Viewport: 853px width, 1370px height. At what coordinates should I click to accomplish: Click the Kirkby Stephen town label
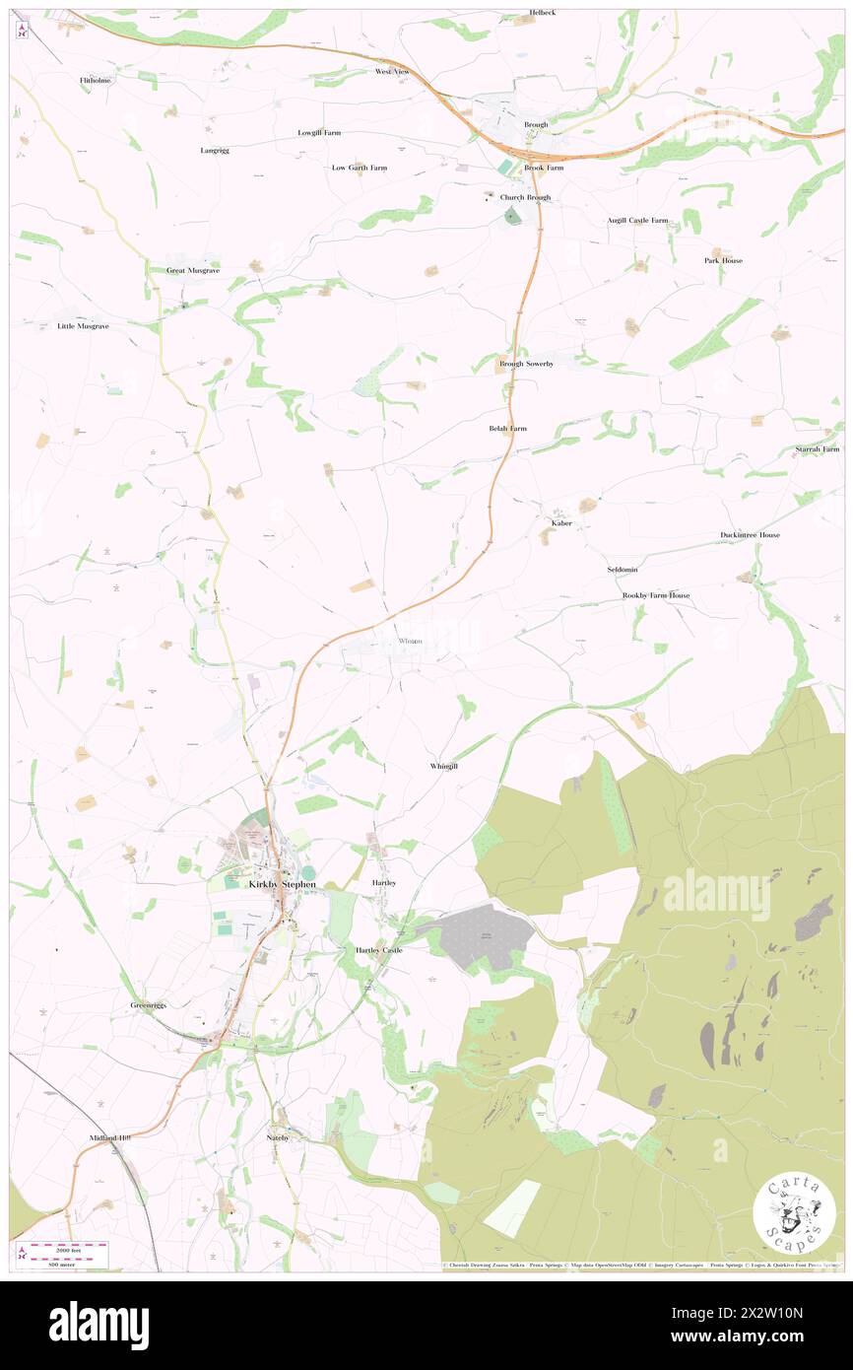coord(282,884)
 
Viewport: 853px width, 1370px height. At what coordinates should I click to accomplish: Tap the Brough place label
coord(536,125)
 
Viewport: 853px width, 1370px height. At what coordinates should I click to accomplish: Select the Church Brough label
coord(525,197)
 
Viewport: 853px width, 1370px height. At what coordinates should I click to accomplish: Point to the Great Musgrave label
coord(192,270)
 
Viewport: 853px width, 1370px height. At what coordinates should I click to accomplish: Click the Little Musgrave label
coord(83,325)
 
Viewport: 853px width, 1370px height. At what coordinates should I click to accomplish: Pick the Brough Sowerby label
coord(526,364)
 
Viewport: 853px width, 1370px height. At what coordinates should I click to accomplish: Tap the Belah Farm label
coord(507,429)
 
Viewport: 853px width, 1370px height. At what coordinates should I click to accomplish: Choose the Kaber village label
coord(561,523)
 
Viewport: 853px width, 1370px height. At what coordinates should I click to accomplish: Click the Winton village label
coord(410,642)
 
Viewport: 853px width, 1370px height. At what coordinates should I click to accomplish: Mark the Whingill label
coord(443,766)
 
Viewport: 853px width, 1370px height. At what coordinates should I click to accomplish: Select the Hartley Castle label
coord(378,950)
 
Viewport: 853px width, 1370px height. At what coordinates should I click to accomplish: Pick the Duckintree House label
coord(750,535)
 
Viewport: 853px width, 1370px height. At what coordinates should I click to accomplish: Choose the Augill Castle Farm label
coord(637,221)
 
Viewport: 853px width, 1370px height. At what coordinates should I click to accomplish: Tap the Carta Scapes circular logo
coord(794,1213)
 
